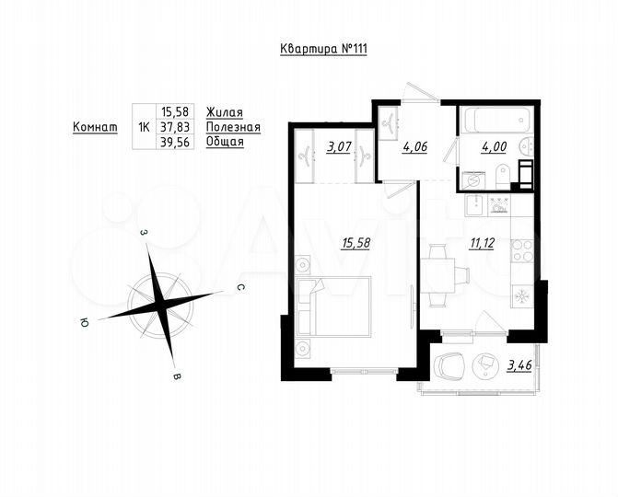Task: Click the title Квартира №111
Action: [x=323, y=50]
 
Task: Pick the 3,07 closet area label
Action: [x=336, y=144]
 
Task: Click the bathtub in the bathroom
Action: [x=496, y=121]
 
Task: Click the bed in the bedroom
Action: [x=336, y=308]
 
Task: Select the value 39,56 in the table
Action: [x=172, y=143]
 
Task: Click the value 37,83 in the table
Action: [x=172, y=127]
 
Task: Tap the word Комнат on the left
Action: [x=95, y=127]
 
